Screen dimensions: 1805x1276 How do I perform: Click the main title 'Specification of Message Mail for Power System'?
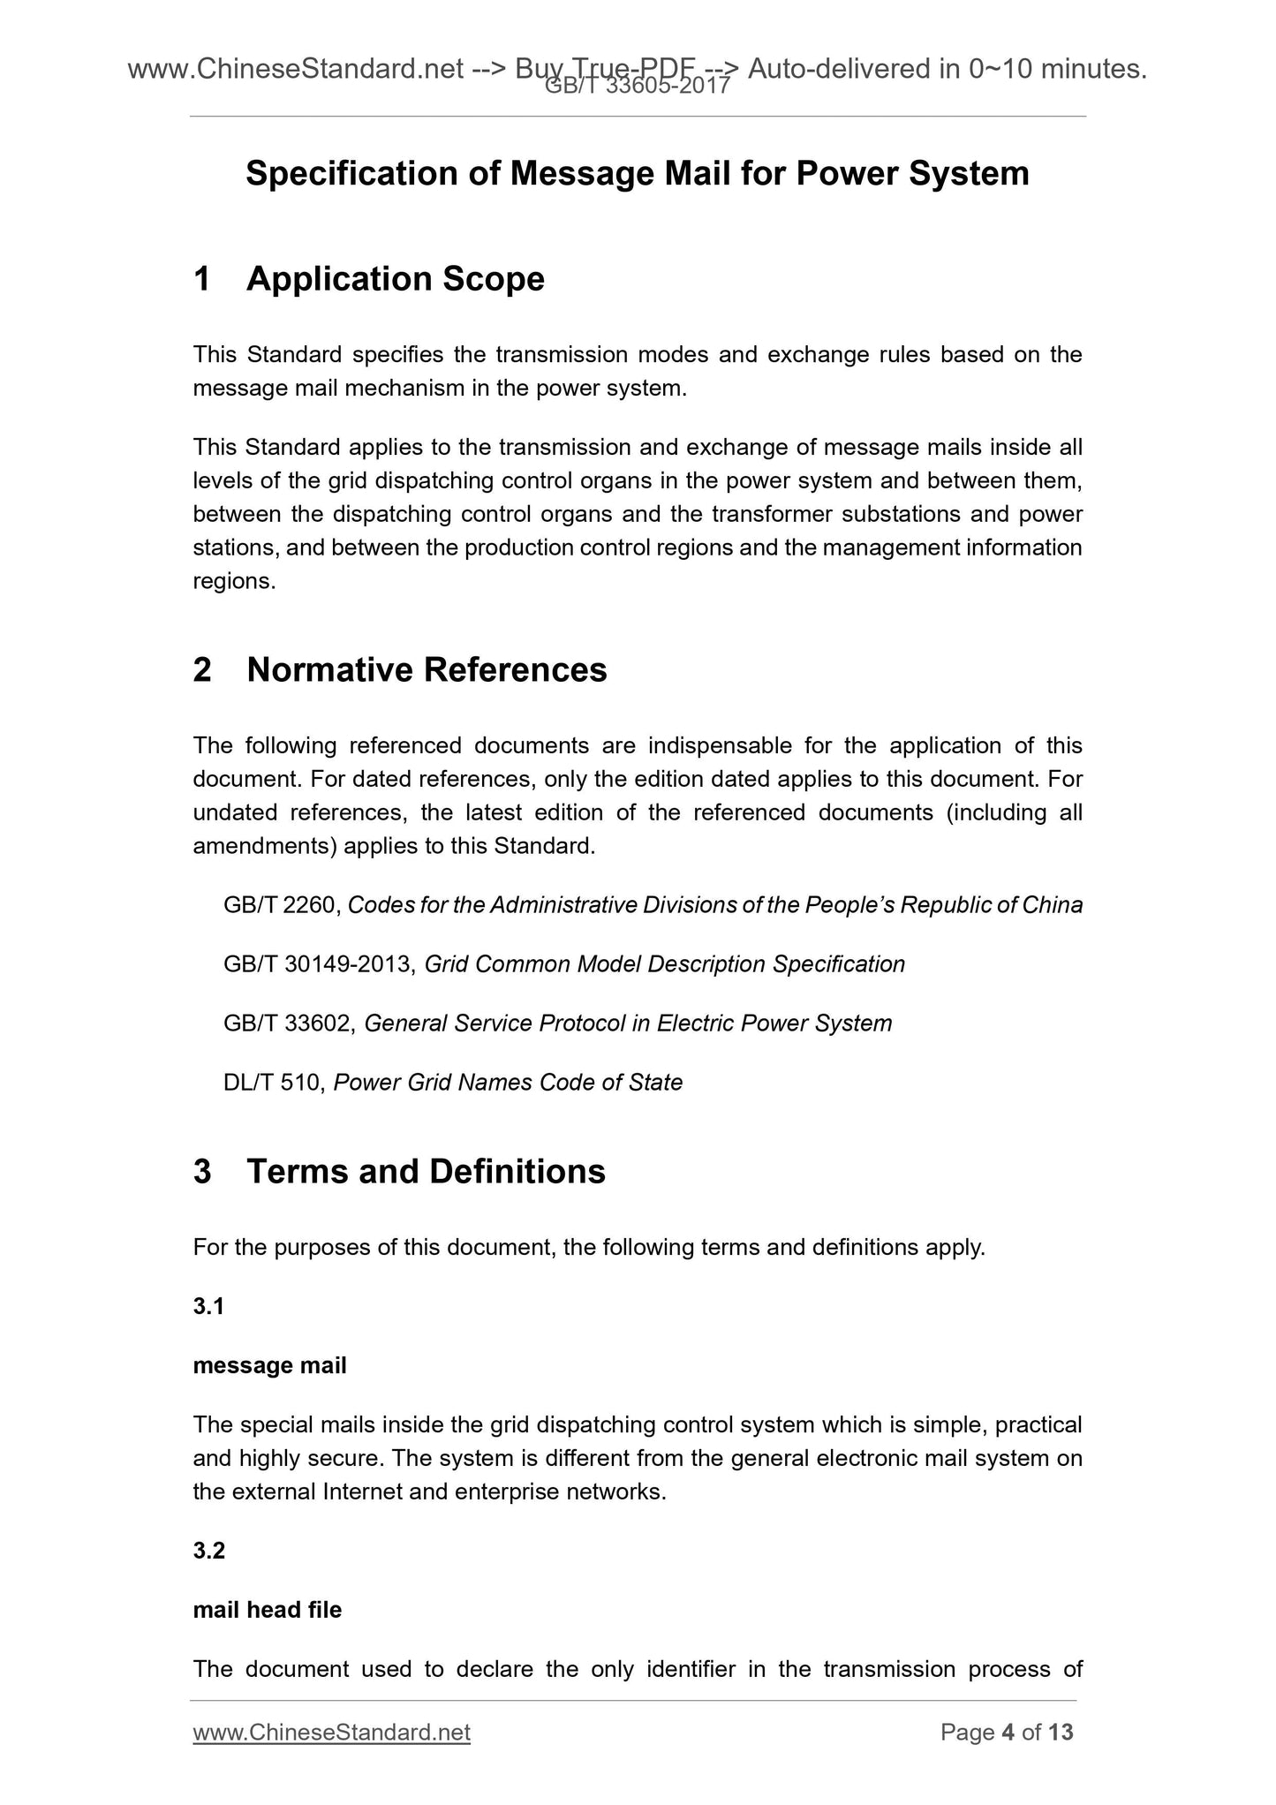pos(637,173)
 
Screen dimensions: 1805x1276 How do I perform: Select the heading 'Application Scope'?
pos(395,279)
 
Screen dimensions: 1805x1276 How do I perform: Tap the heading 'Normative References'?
pos(427,670)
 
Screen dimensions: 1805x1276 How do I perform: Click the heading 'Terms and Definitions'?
pos(426,1171)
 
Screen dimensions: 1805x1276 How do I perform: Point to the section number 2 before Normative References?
pos(202,670)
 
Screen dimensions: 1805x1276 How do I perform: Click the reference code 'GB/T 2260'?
pos(282,905)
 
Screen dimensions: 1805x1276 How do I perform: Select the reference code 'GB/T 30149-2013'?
pos(319,964)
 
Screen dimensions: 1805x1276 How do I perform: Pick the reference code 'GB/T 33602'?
pos(290,1023)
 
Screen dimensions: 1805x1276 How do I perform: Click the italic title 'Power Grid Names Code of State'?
pos(508,1083)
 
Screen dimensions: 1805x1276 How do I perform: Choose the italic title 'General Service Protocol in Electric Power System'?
pos(628,1023)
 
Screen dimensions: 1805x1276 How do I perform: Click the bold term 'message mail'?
pos(269,1365)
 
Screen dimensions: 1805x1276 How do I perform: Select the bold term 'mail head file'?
pos(267,1610)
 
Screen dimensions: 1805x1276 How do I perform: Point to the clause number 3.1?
pos(208,1306)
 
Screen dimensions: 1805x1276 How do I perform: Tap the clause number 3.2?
pos(209,1551)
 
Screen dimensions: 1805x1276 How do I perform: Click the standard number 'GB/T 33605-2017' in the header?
pos(637,86)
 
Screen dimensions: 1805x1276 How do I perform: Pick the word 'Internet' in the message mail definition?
pos(364,1492)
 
